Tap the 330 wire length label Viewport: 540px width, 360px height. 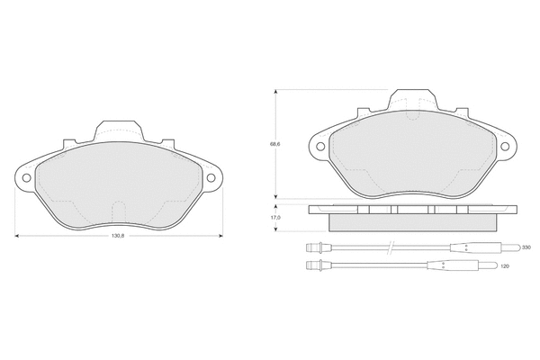(x=526, y=247)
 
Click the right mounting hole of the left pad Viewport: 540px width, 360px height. (x=213, y=177)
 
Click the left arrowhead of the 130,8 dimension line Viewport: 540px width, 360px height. (x=18, y=235)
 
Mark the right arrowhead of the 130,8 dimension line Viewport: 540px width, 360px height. (x=220, y=235)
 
